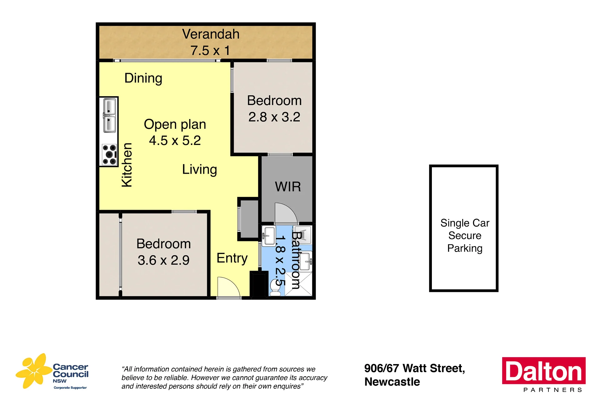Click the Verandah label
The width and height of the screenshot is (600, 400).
pyautogui.click(x=211, y=34)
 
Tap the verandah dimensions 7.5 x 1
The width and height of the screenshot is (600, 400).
pyautogui.click(x=210, y=51)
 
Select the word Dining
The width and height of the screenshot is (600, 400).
pyautogui.click(x=143, y=78)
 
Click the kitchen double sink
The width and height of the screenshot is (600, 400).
pyautogui.click(x=109, y=115)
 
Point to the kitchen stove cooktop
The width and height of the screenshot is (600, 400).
pyautogui.click(x=109, y=154)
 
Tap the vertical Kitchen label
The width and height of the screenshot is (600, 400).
pyautogui.click(x=127, y=165)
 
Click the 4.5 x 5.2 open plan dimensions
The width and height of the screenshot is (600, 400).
pyautogui.click(x=175, y=141)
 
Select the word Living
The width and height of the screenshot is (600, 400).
pyautogui.click(x=199, y=170)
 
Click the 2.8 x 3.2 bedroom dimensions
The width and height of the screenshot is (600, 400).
pyautogui.click(x=274, y=117)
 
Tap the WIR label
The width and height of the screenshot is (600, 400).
pyautogui.click(x=288, y=187)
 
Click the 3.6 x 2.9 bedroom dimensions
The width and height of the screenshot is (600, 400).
pyautogui.click(x=163, y=260)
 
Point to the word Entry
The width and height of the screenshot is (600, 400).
pyautogui.click(x=232, y=258)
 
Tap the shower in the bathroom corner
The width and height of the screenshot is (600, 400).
pyautogui.click(x=298, y=284)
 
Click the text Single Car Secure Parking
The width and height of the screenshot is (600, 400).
pyautogui.click(x=465, y=236)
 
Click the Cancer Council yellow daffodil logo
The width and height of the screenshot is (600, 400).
pyautogui.click(x=34, y=371)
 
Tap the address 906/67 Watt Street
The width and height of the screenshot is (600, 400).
pyautogui.click(x=415, y=368)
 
